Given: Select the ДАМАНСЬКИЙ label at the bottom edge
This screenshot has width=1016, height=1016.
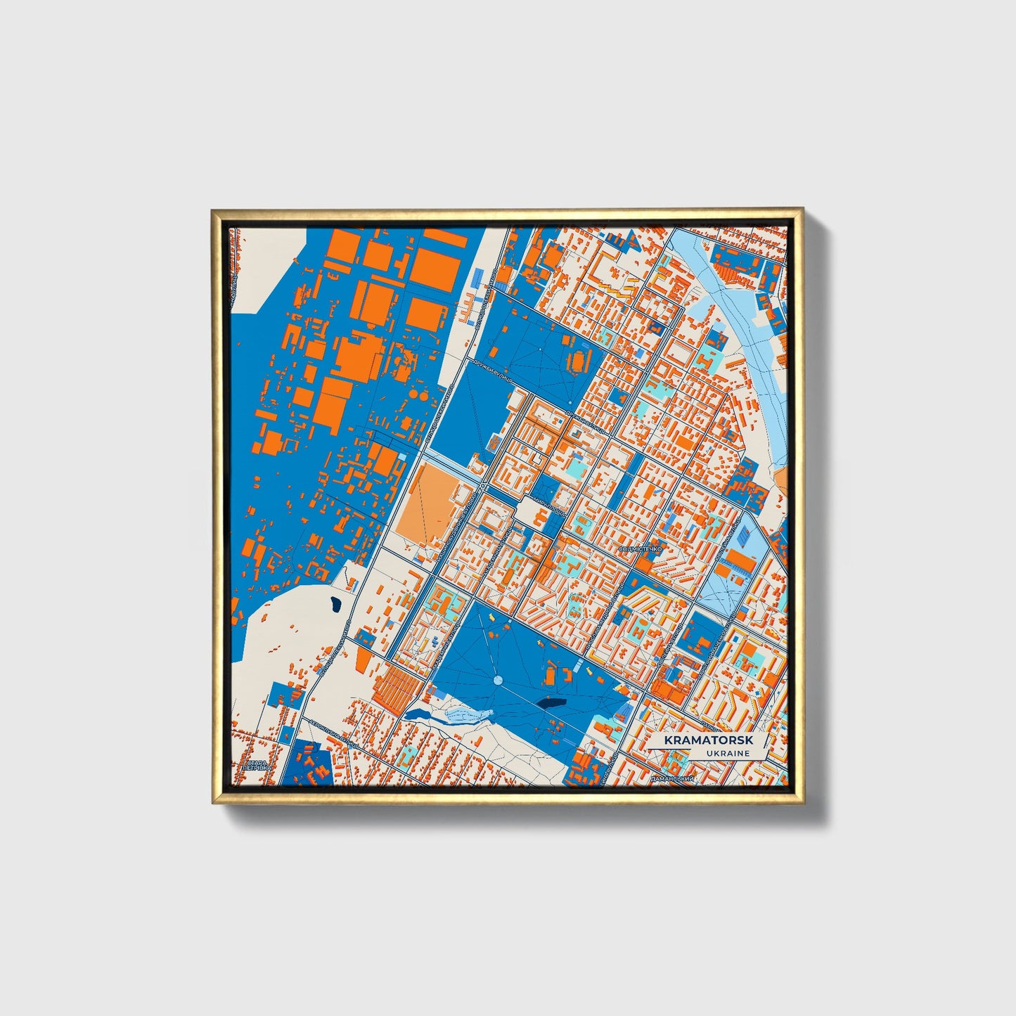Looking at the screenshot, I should pos(673,779).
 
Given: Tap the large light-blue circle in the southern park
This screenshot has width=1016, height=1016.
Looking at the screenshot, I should pos(498,680).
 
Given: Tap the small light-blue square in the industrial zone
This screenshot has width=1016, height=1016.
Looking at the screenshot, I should pos(402,457).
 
